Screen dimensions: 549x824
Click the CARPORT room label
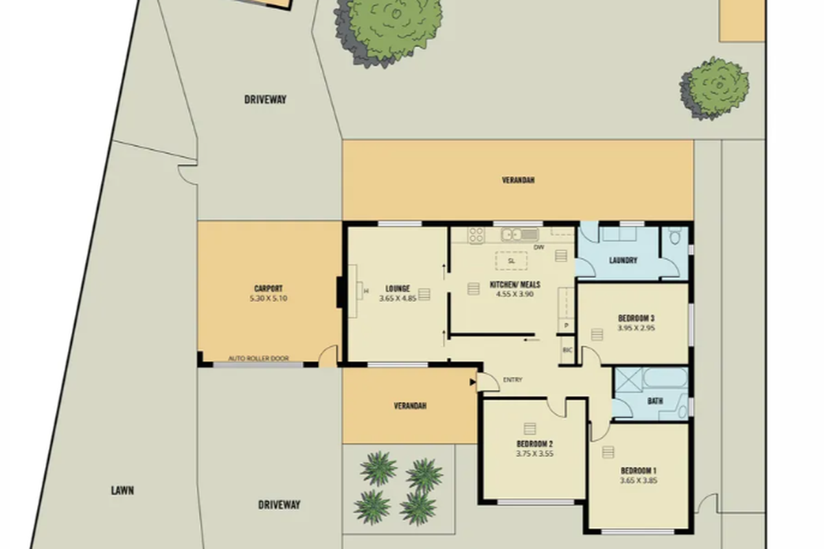268,289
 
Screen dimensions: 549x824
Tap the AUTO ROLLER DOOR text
258,358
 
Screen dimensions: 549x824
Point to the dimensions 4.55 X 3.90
515,294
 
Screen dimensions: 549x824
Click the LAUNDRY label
623,261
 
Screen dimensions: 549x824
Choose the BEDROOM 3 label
636,318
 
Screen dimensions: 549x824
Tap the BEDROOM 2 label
534,443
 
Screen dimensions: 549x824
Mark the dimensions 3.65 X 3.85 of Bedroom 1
639,480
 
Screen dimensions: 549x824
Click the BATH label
655,401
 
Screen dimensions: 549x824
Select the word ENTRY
512,379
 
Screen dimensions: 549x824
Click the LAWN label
122,491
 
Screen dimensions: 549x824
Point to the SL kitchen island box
511,261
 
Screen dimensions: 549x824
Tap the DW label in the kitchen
539,248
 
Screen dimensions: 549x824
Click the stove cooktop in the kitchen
477,235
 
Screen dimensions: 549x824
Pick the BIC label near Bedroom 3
567,350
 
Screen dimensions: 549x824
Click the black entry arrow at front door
473,382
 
